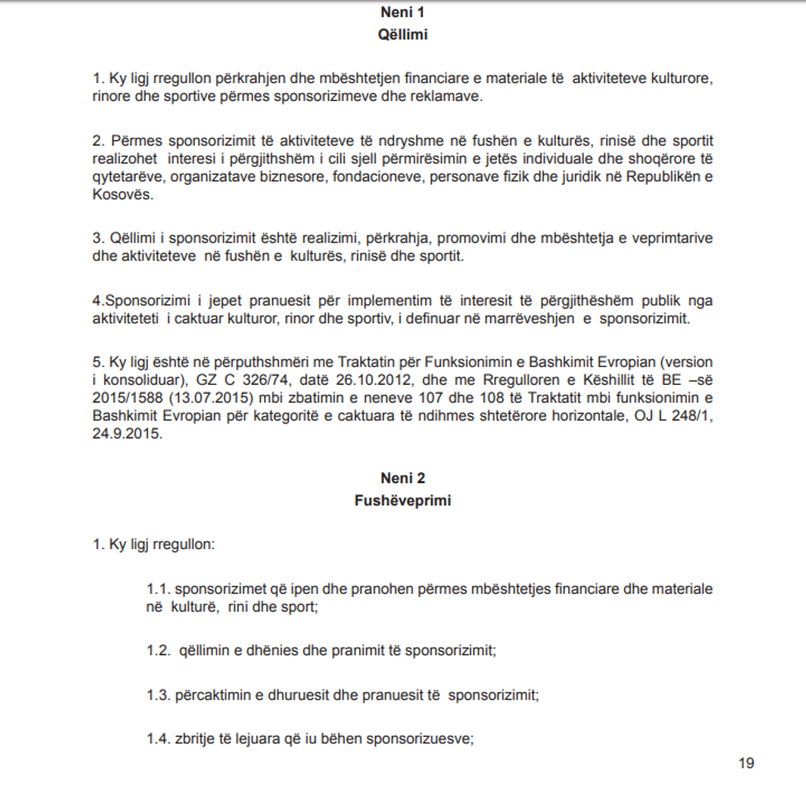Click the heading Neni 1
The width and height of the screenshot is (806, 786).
403,12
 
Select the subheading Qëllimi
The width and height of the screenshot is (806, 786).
403,35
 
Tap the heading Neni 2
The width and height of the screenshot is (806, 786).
403,478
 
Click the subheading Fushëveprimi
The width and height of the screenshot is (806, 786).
403,500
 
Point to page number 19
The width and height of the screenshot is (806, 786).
746,763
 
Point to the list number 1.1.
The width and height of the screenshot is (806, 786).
158,589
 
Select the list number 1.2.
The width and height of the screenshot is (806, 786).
158,651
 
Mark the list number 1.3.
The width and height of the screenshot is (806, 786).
158,695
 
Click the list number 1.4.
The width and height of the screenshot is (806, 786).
158,738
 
